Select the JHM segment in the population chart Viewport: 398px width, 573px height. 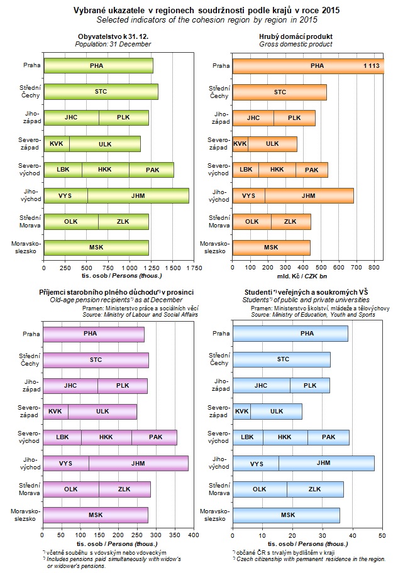point(138,195)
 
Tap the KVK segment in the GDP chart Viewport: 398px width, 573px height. point(240,143)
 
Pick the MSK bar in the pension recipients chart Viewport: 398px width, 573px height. point(96,515)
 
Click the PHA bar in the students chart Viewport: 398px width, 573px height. point(290,334)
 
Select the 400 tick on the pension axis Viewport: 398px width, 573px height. point(193,536)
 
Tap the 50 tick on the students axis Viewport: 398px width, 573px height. point(382,536)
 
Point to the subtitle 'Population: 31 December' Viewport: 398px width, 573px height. point(113,45)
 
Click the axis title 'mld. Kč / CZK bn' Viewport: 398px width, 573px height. point(302,276)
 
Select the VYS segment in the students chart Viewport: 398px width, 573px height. point(256,463)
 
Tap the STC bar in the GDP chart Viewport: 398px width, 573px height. point(279,92)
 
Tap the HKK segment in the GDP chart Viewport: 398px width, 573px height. point(277,170)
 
